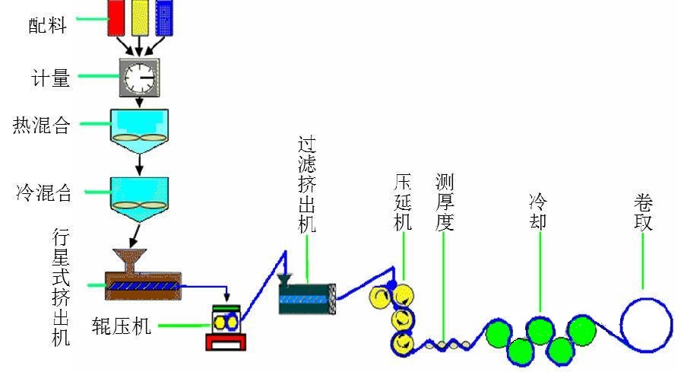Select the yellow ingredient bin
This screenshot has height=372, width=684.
click(x=140, y=17)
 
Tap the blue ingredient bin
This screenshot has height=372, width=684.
click(x=163, y=17)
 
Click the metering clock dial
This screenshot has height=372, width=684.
click(x=138, y=77)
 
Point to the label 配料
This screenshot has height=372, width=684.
click(x=47, y=27)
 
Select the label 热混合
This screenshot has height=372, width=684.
click(x=41, y=126)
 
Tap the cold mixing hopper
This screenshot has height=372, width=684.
click(x=138, y=195)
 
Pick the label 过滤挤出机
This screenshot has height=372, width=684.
click(x=307, y=183)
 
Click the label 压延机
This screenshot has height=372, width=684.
click(x=403, y=202)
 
